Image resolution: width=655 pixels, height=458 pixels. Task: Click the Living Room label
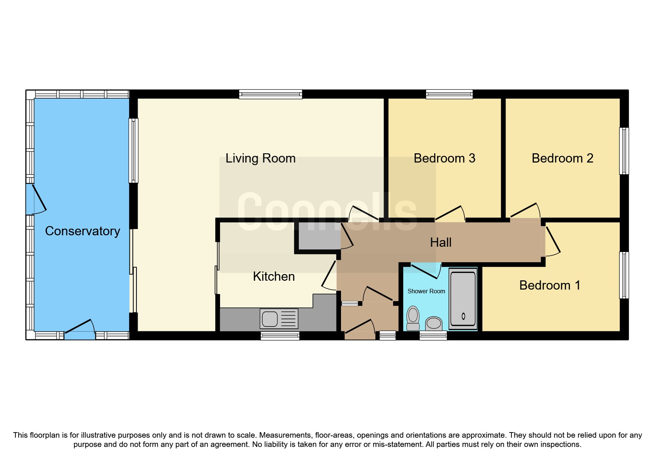tap(260, 158)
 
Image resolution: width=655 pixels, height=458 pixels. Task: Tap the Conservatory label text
tap(82, 231)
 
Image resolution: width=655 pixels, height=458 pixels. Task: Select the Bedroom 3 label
tap(444, 158)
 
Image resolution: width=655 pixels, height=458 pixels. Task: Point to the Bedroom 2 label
tap(562, 158)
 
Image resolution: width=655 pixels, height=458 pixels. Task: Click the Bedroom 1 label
tap(550, 286)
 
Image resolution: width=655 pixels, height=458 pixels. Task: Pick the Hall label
tap(440, 243)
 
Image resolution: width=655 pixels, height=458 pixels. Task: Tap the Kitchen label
tap(274, 277)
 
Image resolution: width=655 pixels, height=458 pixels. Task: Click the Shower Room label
tap(426, 291)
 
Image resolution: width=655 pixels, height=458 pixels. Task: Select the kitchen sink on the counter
tap(279, 318)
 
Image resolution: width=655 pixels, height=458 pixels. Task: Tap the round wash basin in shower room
tap(434, 324)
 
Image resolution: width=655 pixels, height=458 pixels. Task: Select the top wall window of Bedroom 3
tap(449, 94)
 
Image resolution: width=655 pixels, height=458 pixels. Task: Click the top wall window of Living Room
tap(270, 94)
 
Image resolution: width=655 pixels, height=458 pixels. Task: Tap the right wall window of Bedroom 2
tap(624, 151)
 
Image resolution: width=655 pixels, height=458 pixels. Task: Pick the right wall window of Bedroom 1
tap(624, 275)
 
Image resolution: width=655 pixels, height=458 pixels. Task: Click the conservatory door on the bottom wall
tap(80, 335)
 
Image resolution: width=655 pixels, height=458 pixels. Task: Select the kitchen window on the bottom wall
tap(280, 336)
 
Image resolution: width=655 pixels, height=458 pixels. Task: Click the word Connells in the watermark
tap(327, 212)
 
